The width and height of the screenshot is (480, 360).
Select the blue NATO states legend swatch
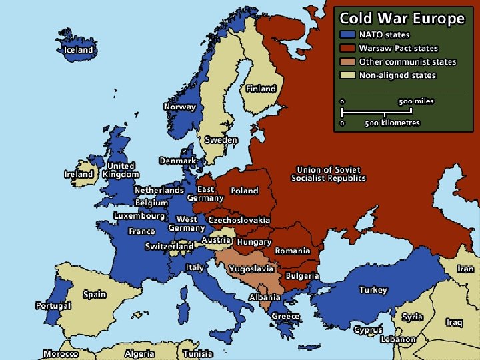[x=347, y=35]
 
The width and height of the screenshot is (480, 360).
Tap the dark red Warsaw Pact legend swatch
[x=347, y=48]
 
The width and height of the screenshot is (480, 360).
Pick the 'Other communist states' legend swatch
[x=347, y=61]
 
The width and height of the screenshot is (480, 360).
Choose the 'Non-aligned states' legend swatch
[x=347, y=75]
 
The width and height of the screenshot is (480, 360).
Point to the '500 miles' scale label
[x=416, y=101]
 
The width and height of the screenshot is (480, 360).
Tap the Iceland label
[x=79, y=50]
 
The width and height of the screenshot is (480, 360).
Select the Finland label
[x=261, y=89]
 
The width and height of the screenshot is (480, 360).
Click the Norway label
[x=180, y=107]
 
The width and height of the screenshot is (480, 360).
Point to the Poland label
[x=244, y=191]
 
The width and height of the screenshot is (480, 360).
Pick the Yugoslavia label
[x=251, y=269]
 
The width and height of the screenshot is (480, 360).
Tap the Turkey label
[x=373, y=290]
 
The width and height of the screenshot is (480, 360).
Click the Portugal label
[x=53, y=306]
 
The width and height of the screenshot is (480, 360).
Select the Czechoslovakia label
[x=239, y=219]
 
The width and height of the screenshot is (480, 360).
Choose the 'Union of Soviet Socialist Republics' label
[x=329, y=174]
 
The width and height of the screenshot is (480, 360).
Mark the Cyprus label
[x=368, y=330]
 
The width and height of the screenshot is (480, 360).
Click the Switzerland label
[x=169, y=247]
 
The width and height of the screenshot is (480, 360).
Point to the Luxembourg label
[x=139, y=216]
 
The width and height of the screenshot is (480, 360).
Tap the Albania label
[x=265, y=297]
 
